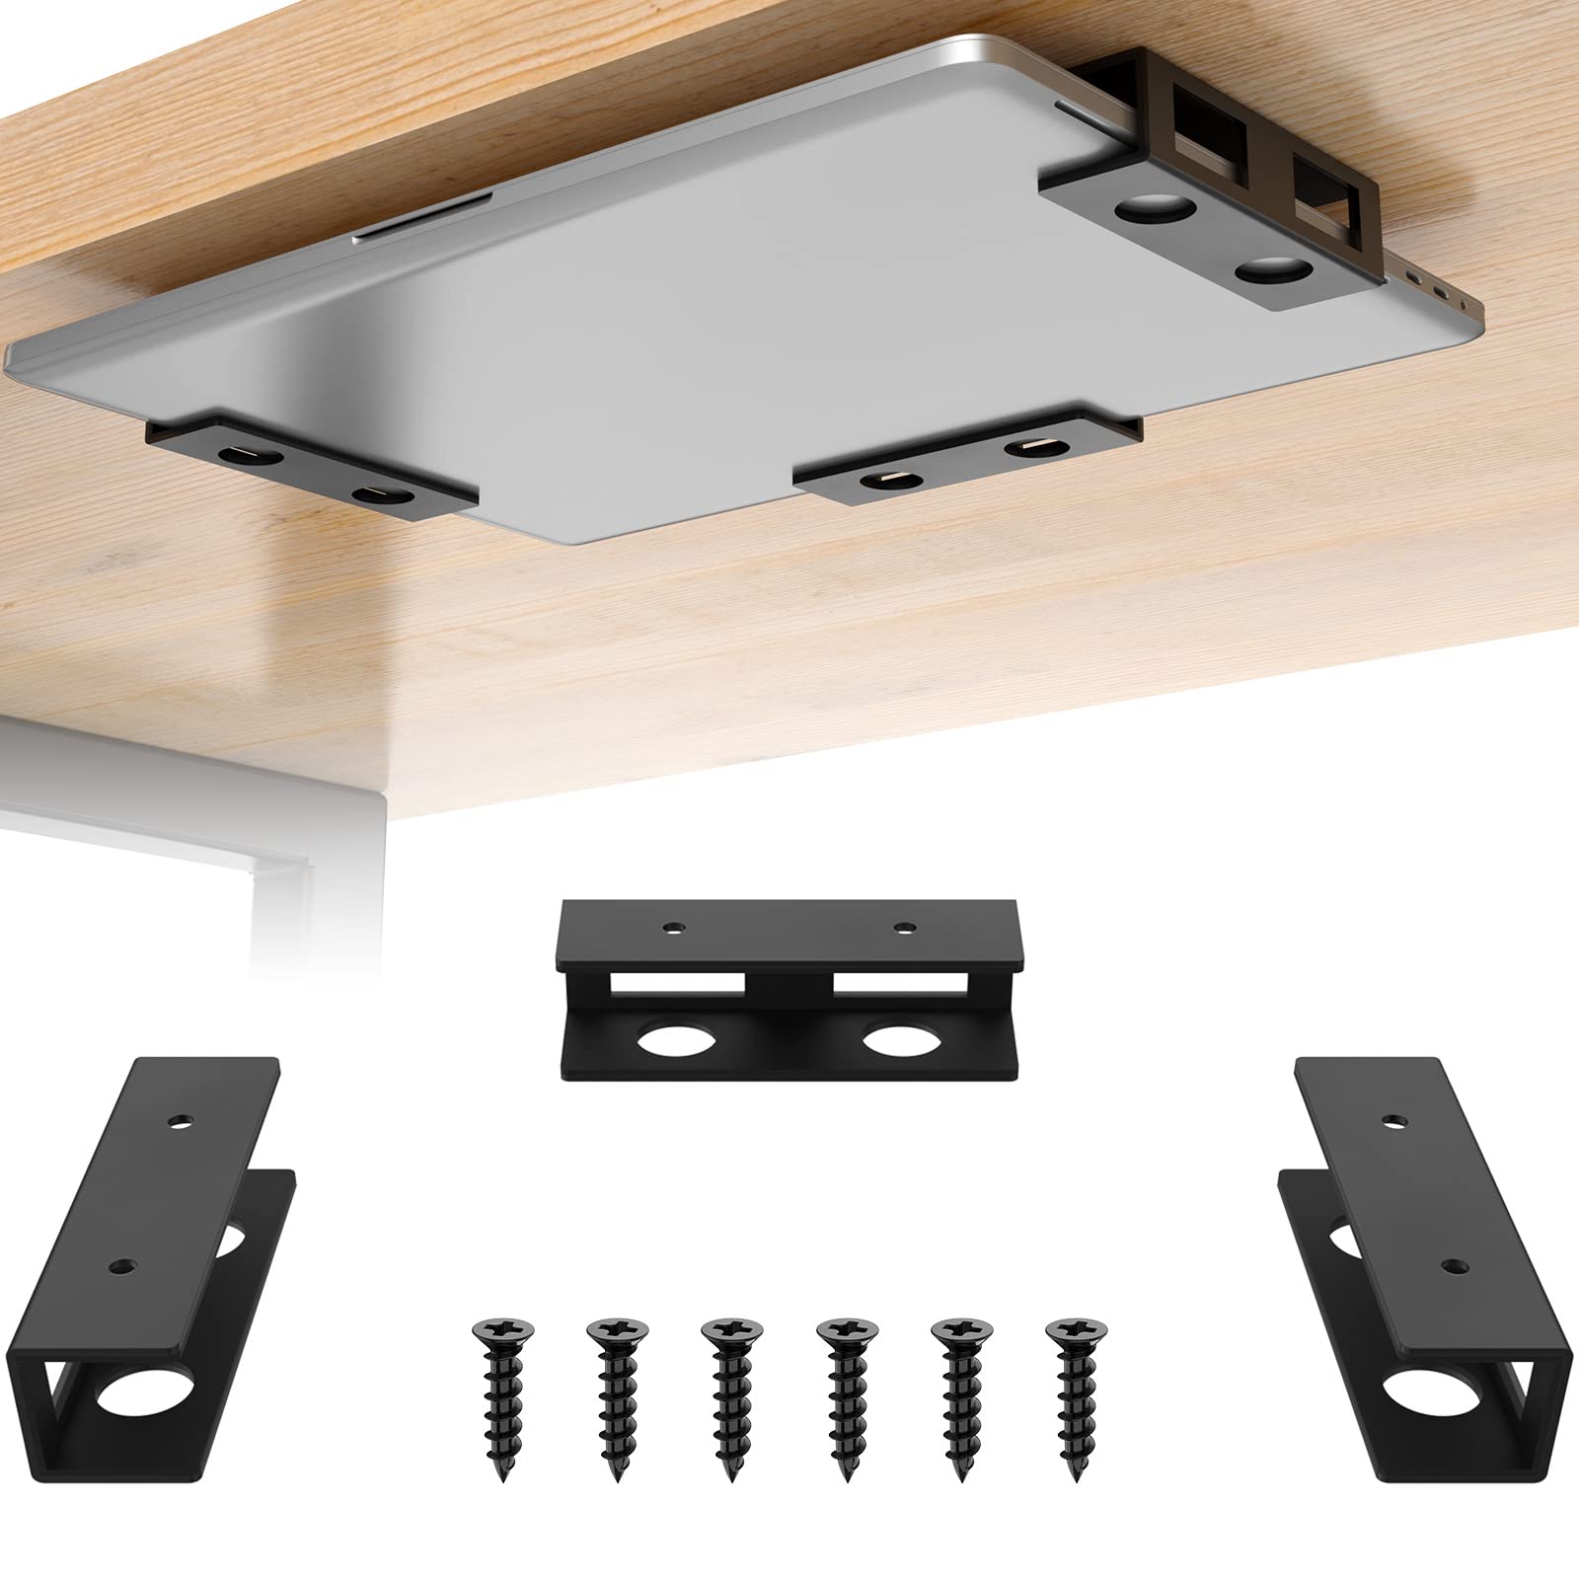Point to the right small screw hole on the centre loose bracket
point(905,928)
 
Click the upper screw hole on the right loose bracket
point(1392,1121)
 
